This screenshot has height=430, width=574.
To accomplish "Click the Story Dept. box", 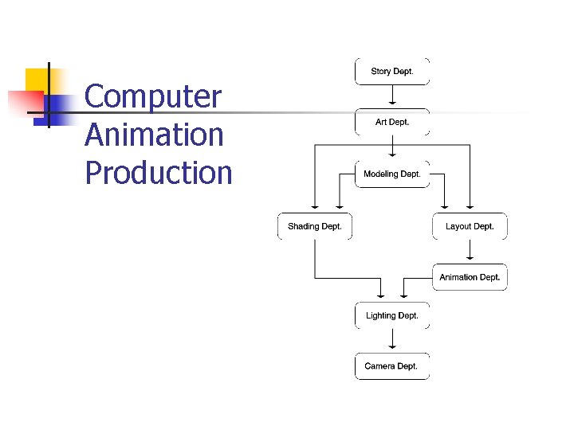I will coord(392,72).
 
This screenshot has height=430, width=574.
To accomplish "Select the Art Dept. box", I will coord(392,123).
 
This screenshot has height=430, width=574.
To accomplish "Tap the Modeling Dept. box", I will coord(392,174).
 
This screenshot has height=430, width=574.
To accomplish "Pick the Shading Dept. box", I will coord(315,226).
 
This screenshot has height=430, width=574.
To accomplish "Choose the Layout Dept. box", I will coord(470,226).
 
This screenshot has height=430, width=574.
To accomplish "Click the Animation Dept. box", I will coord(470,277).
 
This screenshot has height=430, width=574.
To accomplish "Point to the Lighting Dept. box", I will coord(392,315).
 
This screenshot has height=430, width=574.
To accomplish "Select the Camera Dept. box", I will coord(392,366).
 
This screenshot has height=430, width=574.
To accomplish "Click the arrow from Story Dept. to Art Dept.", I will coord(392,96).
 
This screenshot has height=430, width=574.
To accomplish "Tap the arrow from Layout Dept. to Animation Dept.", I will coord(470,251).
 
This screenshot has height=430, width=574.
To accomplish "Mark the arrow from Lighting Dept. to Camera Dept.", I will coord(392,341).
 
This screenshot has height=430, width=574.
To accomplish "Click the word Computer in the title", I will coord(153,97).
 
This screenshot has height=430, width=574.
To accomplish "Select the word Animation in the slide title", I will coord(154,135).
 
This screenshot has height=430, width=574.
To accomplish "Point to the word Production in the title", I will coord(159,172).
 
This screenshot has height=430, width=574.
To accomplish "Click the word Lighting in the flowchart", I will coord(380,315).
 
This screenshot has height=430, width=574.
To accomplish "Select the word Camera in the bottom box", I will coord(379,366).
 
